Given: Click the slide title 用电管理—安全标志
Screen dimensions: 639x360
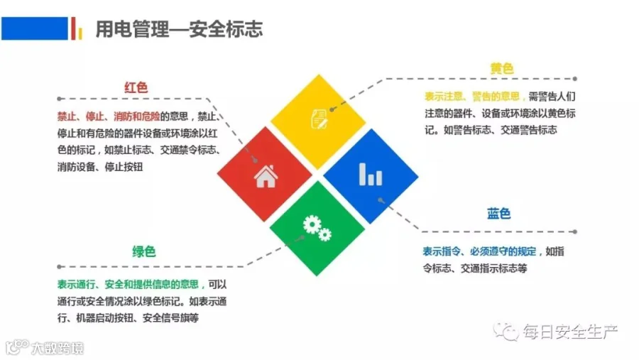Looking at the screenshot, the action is click(179, 29).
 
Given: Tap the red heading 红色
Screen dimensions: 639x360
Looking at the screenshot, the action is click(136, 87).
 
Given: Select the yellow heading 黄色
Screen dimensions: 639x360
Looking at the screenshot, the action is click(502, 68).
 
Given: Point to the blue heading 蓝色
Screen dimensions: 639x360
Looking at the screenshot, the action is click(498, 213).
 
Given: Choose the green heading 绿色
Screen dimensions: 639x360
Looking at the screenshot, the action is click(143, 251).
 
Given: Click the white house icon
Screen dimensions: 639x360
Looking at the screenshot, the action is click(266, 176).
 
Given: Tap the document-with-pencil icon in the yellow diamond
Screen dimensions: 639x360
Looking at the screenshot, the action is click(319, 119).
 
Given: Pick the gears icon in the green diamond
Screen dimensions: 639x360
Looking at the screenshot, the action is click(317, 228).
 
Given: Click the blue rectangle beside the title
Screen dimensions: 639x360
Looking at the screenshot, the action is click(35, 28).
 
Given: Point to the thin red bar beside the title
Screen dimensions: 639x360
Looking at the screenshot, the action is click(73, 28).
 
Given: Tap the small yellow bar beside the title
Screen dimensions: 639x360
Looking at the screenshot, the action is click(80, 33).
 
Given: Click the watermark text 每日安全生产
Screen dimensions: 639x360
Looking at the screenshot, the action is click(569, 332).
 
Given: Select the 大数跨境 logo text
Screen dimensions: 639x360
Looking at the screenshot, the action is click(58, 348).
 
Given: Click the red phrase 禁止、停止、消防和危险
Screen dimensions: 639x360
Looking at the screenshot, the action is click(109, 116).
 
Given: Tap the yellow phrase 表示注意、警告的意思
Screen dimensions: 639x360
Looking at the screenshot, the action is click(472, 97).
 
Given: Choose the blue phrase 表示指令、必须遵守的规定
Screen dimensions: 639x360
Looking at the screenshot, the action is click(479, 251).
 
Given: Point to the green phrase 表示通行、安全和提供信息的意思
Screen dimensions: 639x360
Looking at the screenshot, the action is click(128, 284).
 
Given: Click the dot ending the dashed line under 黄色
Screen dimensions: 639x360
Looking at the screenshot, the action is click(574, 79).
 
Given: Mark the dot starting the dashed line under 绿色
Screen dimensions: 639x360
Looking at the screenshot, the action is click(60, 267).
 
